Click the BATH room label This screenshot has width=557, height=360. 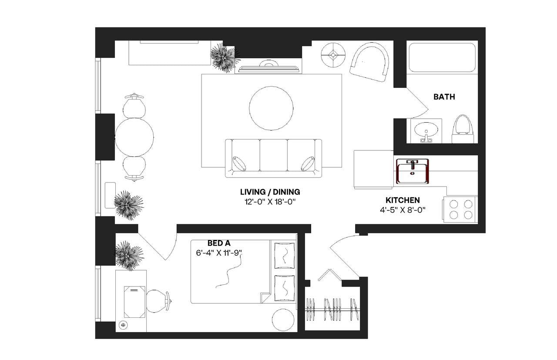click(444, 97)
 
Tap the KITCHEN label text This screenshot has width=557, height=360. click(403, 200)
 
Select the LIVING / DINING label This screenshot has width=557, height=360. click(270, 192)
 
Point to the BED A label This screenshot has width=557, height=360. click(218, 243)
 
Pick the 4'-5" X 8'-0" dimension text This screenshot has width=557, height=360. click(403, 210)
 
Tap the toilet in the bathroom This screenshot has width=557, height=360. click(463, 129)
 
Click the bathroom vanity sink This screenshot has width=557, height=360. click(426, 130)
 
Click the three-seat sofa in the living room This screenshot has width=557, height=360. click(273, 158)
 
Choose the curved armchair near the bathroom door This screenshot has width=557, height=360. click(370, 62)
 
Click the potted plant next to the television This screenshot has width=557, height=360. click(224, 57)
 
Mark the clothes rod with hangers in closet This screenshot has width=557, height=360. click(332, 309)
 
